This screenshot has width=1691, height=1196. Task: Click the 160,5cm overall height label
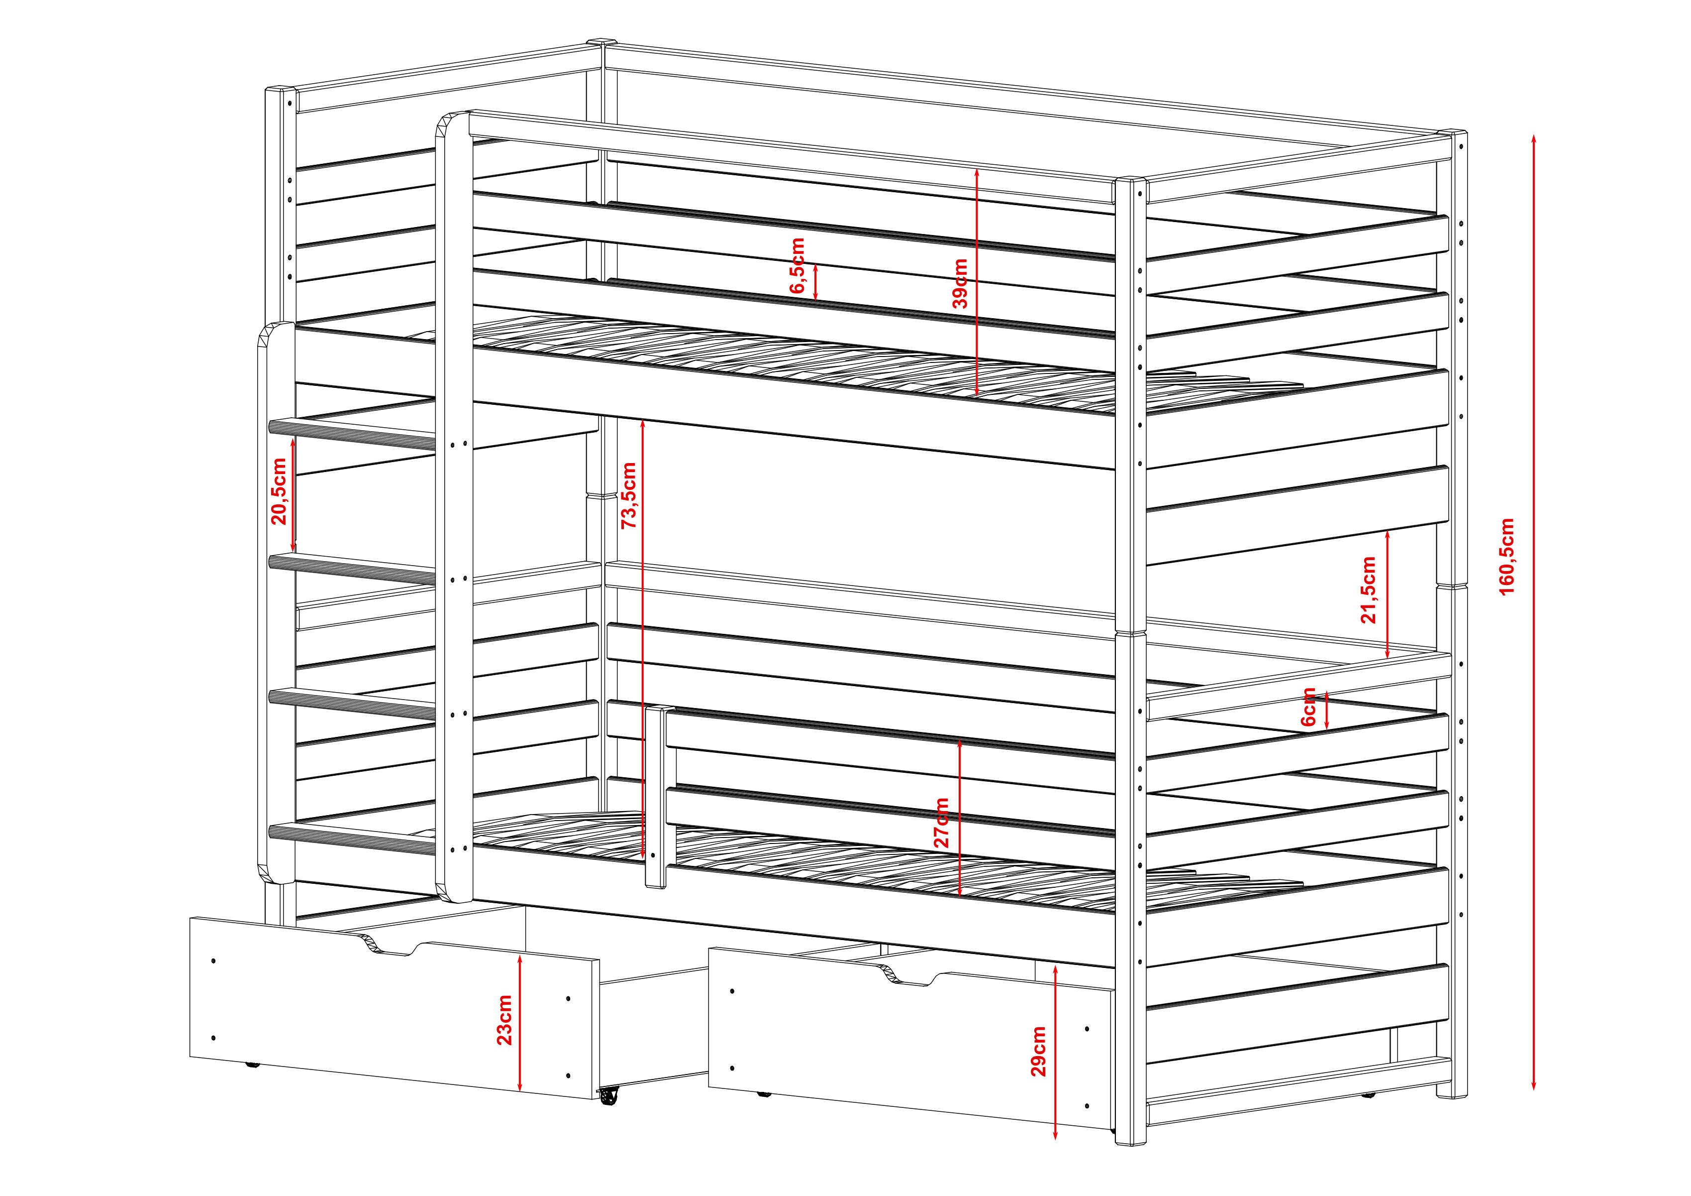pyautogui.click(x=1507, y=556)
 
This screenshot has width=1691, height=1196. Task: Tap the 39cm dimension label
pyautogui.click(x=960, y=283)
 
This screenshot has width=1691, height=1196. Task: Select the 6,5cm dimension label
pyautogui.click(x=797, y=266)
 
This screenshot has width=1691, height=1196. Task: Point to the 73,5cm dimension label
pyautogui.click(x=628, y=495)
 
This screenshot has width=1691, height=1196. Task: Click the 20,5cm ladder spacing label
pyautogui.click(x=279, y=491)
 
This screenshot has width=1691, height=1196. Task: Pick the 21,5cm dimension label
pyautogui.click(x=1368, y=590)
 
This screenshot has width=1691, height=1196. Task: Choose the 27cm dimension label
pyautogui.click(x=941, y=823)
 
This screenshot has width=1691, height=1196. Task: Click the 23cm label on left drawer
pyautogui.click(x=504, y=1021)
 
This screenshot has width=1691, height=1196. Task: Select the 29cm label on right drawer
pyautogui.click(x=1038, y=1052)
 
